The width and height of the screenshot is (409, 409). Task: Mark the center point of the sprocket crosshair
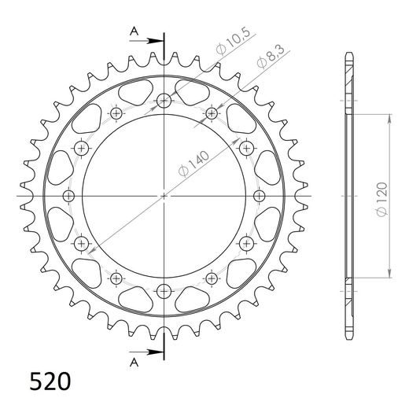point(164,194)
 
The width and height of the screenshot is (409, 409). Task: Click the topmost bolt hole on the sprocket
point(164,100)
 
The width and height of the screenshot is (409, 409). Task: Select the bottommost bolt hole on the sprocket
point(164,289)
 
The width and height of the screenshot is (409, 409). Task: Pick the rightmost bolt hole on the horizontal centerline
point(259,194)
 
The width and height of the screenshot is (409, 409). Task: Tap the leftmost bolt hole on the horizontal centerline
point(69,194)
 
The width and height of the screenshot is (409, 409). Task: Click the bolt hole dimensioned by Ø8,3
point(211,113)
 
